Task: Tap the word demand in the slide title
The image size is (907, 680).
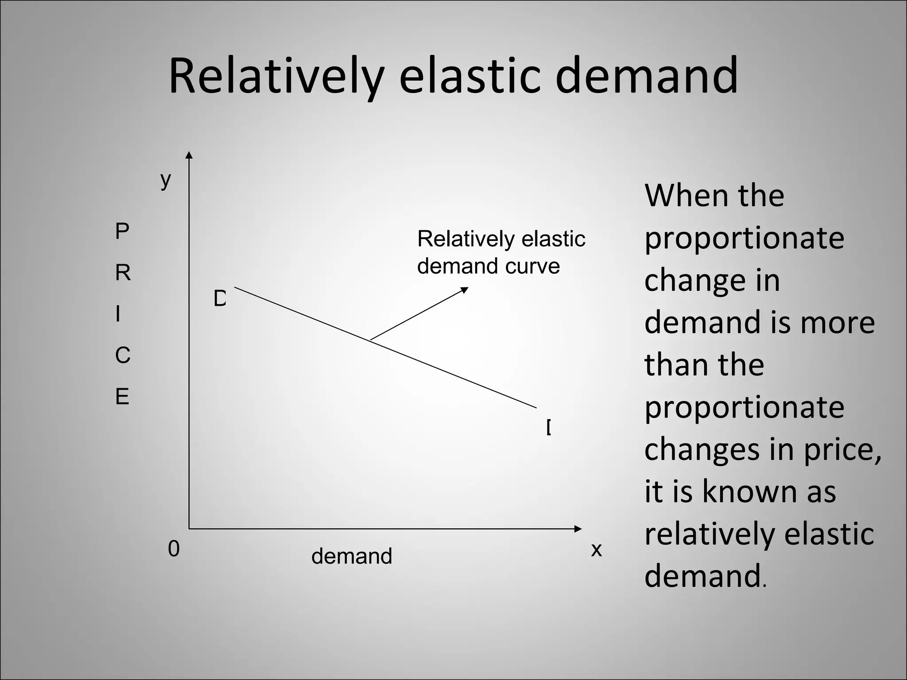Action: point(647,76)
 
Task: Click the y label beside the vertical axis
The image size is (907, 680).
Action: point(166,180)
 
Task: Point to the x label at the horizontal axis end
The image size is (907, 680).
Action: point(597,550)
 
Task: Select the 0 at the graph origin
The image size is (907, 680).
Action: point(174,549)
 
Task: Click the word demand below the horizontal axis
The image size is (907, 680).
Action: point(352,556)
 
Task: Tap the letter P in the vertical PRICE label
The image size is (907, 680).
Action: point(122,231)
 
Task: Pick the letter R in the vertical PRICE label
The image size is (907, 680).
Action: point(123,273)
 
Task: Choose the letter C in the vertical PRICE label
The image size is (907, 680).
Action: point(123,355)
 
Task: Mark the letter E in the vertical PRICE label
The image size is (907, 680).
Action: point(122,397)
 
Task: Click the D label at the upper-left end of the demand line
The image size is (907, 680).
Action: point(220,299)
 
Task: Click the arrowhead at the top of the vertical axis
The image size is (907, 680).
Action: point(189,155)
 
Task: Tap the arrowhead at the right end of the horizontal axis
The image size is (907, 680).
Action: point(578,529)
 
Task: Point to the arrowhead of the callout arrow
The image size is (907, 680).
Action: point(465,290)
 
